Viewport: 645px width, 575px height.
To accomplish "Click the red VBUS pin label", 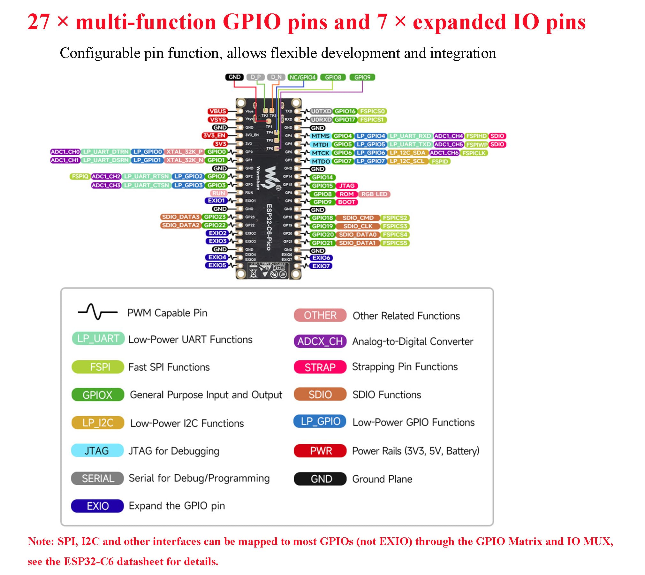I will pos(218,111).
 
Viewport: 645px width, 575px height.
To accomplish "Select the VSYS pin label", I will pos(218,119).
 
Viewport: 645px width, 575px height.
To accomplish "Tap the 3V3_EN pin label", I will pos(214,135).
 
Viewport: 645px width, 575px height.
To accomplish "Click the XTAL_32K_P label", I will pos(184,152).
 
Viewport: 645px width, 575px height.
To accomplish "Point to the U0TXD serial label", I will pos(321,111).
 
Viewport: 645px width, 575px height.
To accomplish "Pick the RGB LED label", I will pos(374,194).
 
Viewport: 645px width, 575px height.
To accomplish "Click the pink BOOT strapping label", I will pos(346,202).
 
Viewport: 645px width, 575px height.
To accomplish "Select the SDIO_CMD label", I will pos(358,218).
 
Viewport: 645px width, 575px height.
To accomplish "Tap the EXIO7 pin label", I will pos(321,266).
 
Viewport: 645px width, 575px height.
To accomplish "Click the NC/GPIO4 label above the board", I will pos(302,77).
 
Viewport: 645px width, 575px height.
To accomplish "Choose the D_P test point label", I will pos(255,77).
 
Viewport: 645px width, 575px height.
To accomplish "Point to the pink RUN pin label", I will pos(219,193).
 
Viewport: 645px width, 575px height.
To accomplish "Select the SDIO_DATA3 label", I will pos(180,217).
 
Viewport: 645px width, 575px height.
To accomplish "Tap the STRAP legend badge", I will pos(320,367).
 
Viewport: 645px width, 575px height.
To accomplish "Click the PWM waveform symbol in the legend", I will pos(97,311).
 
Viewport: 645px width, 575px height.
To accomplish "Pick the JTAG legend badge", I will pos(97,450).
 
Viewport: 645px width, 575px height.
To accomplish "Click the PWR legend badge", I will pos(320,450).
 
